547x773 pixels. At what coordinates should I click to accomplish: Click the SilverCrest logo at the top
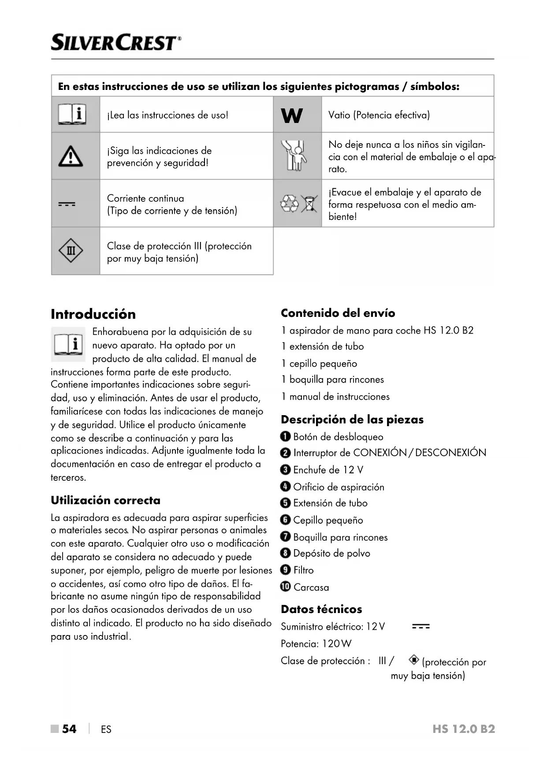click(x=116, y=43)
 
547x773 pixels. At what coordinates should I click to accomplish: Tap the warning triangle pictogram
click(x=71, y=156)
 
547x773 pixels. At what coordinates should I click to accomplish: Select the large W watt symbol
click(x=292, y=115)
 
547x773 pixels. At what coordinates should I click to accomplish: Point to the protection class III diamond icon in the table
click(x=71, y=251)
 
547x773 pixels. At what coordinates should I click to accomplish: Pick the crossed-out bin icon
click(x=309, y=204)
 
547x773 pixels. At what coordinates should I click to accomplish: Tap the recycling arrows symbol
click(x=289, y=204)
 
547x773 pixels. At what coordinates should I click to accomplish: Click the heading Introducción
click(x=93, y=314)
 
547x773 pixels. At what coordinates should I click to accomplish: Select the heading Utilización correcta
click(x=105, y=500)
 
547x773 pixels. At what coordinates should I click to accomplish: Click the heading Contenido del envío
click(x=338, y=313)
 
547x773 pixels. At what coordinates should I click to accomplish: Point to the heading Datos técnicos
click(x=321, y=609)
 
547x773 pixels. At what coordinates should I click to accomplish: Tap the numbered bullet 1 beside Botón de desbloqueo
click(x=285, y=437)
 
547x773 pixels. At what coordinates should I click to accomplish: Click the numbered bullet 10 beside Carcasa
click(x=286, y=587)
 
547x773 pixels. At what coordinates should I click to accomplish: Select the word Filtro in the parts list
click(x=304, y=570)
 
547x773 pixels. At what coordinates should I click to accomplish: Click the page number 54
click(x=69, y=729)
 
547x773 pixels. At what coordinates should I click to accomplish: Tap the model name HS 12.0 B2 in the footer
click(x=464, y=729)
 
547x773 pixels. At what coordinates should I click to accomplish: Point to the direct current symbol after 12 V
click(x=420, y=626)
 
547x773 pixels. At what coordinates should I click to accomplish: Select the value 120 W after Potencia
click(x=337, y=644)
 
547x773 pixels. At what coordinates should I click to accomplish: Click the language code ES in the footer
click(x=106, y=729)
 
